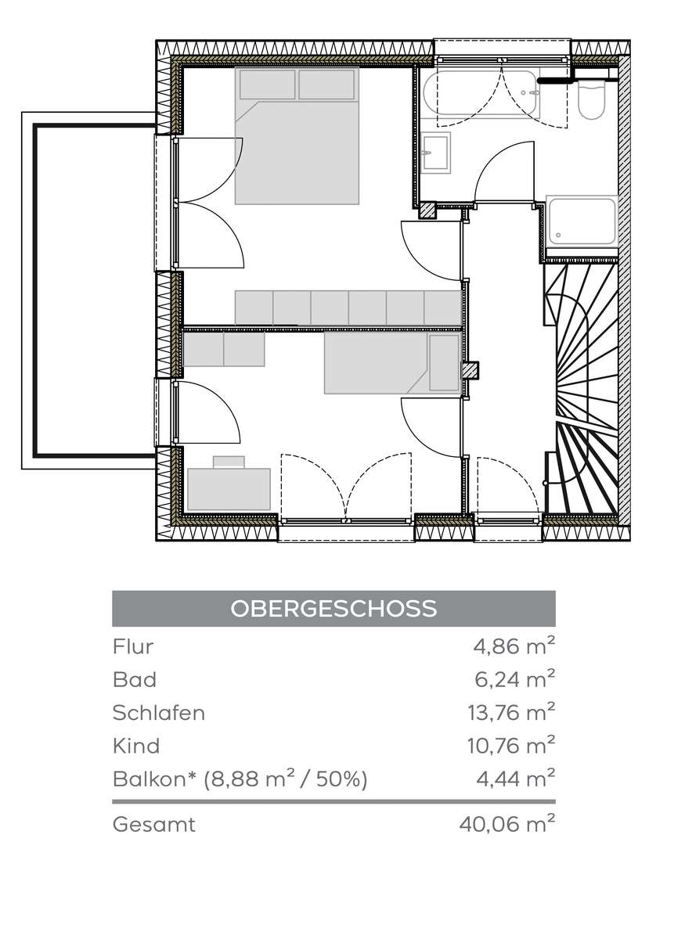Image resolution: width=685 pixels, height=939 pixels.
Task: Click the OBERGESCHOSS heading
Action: pyautogui.click(x=333, y=608)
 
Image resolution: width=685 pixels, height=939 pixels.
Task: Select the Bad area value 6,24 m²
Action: pyautogui.click(x=514, y=678)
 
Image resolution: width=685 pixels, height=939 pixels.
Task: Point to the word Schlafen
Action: pyautogui.click(x=159, y=713)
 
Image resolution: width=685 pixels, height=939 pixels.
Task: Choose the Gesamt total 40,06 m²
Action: pyautogui.click(x=507, y=825)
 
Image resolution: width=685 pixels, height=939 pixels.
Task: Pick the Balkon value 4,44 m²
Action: pyautogui.click(x=516, y=779)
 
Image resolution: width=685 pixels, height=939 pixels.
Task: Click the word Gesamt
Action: pyautogui.click(x=154, y=825)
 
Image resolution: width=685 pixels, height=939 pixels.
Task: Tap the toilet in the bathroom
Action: pyautogui.click(x=592, y=99)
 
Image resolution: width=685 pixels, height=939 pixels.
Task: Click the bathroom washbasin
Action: pyautogui.click(x=436, y=153)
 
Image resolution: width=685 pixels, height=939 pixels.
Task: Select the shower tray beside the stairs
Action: pyautogui.click(x=582, y=221)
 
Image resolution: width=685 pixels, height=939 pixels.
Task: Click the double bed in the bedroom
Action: pyautogui.click(x=297, y=136)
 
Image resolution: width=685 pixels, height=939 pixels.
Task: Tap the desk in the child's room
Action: pyautogui.click(x=229, y=489)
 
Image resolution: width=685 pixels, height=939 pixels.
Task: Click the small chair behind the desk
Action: pyautogui.click(x=229, y=462)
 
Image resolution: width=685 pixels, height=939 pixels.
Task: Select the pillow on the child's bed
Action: pyautogui.click(x=444, y=362)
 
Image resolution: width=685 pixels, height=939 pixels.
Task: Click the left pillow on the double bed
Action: pyautogui.click(x=267, y=85)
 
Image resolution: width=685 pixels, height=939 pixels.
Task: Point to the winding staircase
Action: pyautogui.click(x=581, y=388)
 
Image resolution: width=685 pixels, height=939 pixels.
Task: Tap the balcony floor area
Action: pyautogui.click(x=95, y=290)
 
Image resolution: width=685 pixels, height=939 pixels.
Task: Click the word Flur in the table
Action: pyautogui.click(x=133, y=646)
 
